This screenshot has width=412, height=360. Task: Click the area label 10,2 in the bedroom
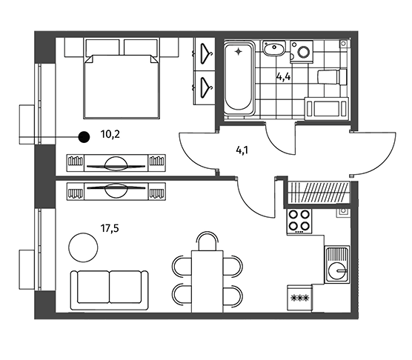point(110,135)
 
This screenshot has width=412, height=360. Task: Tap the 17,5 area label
point(110,228)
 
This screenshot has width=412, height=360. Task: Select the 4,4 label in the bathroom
point(283,77)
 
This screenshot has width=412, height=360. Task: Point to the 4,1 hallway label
point(242,150)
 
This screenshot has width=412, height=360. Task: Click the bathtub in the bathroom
point(239,78)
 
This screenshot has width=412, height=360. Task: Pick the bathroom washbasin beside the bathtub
point(274,48)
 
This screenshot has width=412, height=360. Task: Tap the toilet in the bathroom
point(333,77)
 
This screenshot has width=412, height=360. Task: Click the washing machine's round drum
point(305,52)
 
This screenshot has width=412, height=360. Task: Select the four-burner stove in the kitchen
point(299,221)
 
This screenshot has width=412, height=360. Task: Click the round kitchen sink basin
point(338,271)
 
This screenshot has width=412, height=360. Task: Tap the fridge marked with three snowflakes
point(299,298)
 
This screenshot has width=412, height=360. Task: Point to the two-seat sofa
point(110,290)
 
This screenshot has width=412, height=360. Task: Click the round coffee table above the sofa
point(83,247)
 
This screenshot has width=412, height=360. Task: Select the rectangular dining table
point(207,281)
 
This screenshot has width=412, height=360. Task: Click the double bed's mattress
point(122,87)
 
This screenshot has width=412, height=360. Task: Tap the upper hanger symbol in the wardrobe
point(206,54)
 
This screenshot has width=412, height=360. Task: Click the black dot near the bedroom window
point(84,137)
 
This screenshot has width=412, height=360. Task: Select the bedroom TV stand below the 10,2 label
point(116,163)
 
